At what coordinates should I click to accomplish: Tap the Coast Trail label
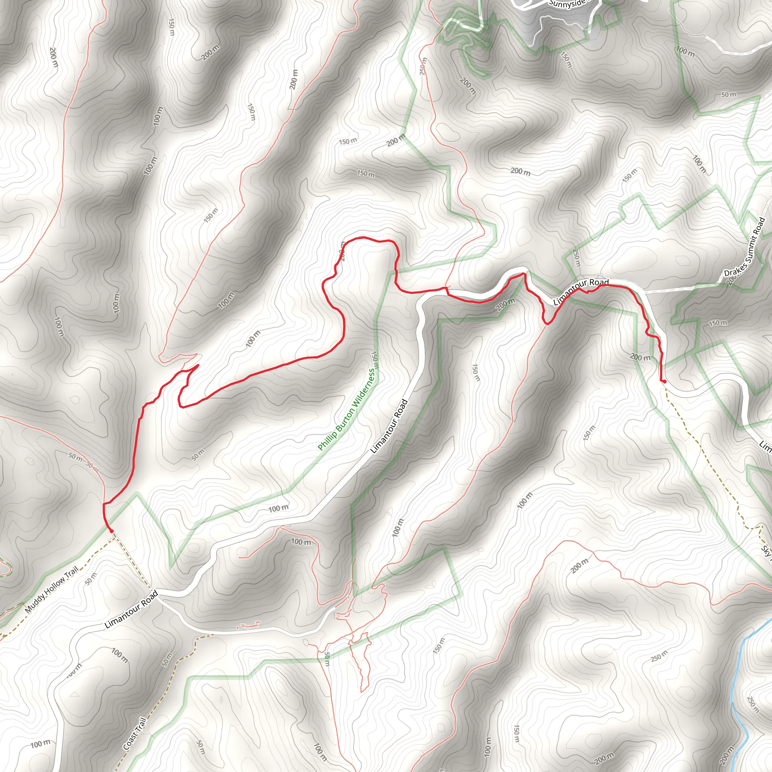click(135, 733)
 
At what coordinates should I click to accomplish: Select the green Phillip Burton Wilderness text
click(346, 410)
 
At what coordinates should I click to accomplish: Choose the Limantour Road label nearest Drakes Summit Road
click(581, 292)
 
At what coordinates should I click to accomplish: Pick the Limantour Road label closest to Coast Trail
click(132, 610)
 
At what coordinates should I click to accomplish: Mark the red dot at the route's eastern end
click(664, 381)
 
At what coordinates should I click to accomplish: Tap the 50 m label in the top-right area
click(728, 95)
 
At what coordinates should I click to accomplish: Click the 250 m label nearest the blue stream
click(752, 704)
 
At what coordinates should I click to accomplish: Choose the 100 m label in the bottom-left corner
click(40, 744)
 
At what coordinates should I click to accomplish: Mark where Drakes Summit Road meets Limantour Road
click(644, 292)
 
